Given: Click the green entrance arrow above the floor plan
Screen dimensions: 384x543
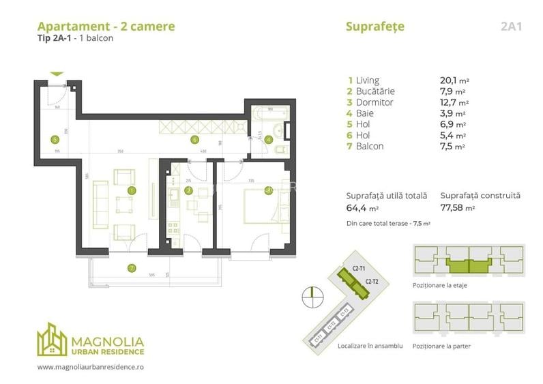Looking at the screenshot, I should tap(57, 74).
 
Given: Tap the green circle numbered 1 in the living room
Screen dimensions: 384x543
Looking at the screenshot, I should tap(132, 190).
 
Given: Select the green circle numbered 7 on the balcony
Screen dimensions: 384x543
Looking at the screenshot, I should tap(131, 267).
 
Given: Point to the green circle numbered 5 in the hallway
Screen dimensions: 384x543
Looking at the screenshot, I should tap(55, 140).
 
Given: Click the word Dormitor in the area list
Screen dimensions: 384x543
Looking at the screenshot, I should tap(375, 102).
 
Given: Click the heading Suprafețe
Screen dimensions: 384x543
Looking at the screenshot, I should tap(375, 27).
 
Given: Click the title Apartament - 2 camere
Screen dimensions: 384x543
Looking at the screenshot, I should tap(105, 27).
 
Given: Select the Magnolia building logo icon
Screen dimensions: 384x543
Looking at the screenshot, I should tap(53, 339).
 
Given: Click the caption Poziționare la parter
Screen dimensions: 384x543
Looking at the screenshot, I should tap(441, 346).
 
